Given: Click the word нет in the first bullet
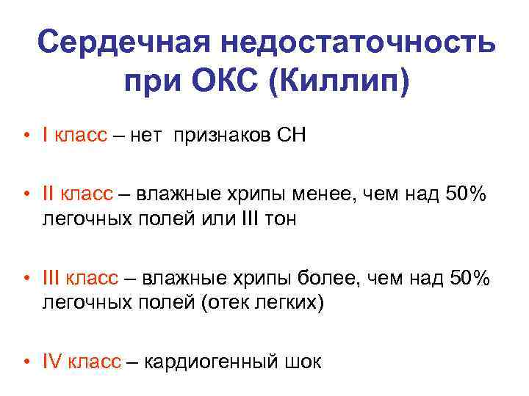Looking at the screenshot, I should (x=150, y=135).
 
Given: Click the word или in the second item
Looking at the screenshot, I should (x=213, y=219).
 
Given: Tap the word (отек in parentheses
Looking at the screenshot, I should (x=226, y=302).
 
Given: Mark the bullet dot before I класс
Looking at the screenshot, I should (x=25, y=136).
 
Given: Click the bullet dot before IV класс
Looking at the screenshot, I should (x=25, y=362).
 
